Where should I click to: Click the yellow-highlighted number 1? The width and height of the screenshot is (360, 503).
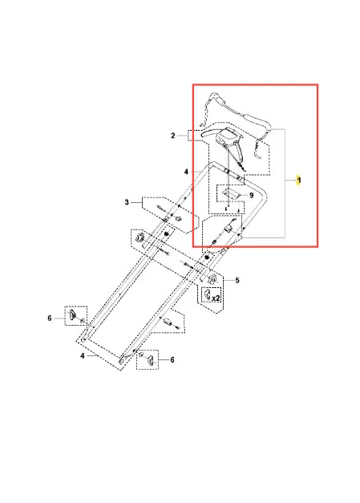pyautogui.click(x=299, y=180)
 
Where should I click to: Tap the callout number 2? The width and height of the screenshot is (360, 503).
pyautogui.click(x=173, y=136)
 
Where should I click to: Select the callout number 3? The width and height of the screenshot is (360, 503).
pyautogui.click(x=127, y=202)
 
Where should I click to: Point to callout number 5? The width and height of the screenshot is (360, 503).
pyautogui.click(x=237, y=280)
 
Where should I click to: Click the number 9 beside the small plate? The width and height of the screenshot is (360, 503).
pyautogui.click(x=251, y=195)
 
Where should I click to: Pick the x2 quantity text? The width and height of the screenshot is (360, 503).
pyautogui.click(x=216, y=298)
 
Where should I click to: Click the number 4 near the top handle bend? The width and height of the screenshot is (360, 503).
pyautogui.click(x=186, y=172)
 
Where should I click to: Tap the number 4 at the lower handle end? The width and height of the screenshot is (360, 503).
pyautogui.click(x=83, y=355)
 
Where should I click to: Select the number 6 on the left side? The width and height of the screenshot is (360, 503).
pyautogui.click(x=50, y=318)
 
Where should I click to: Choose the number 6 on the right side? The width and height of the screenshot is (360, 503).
pyautogui.click(x=172, y=360)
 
